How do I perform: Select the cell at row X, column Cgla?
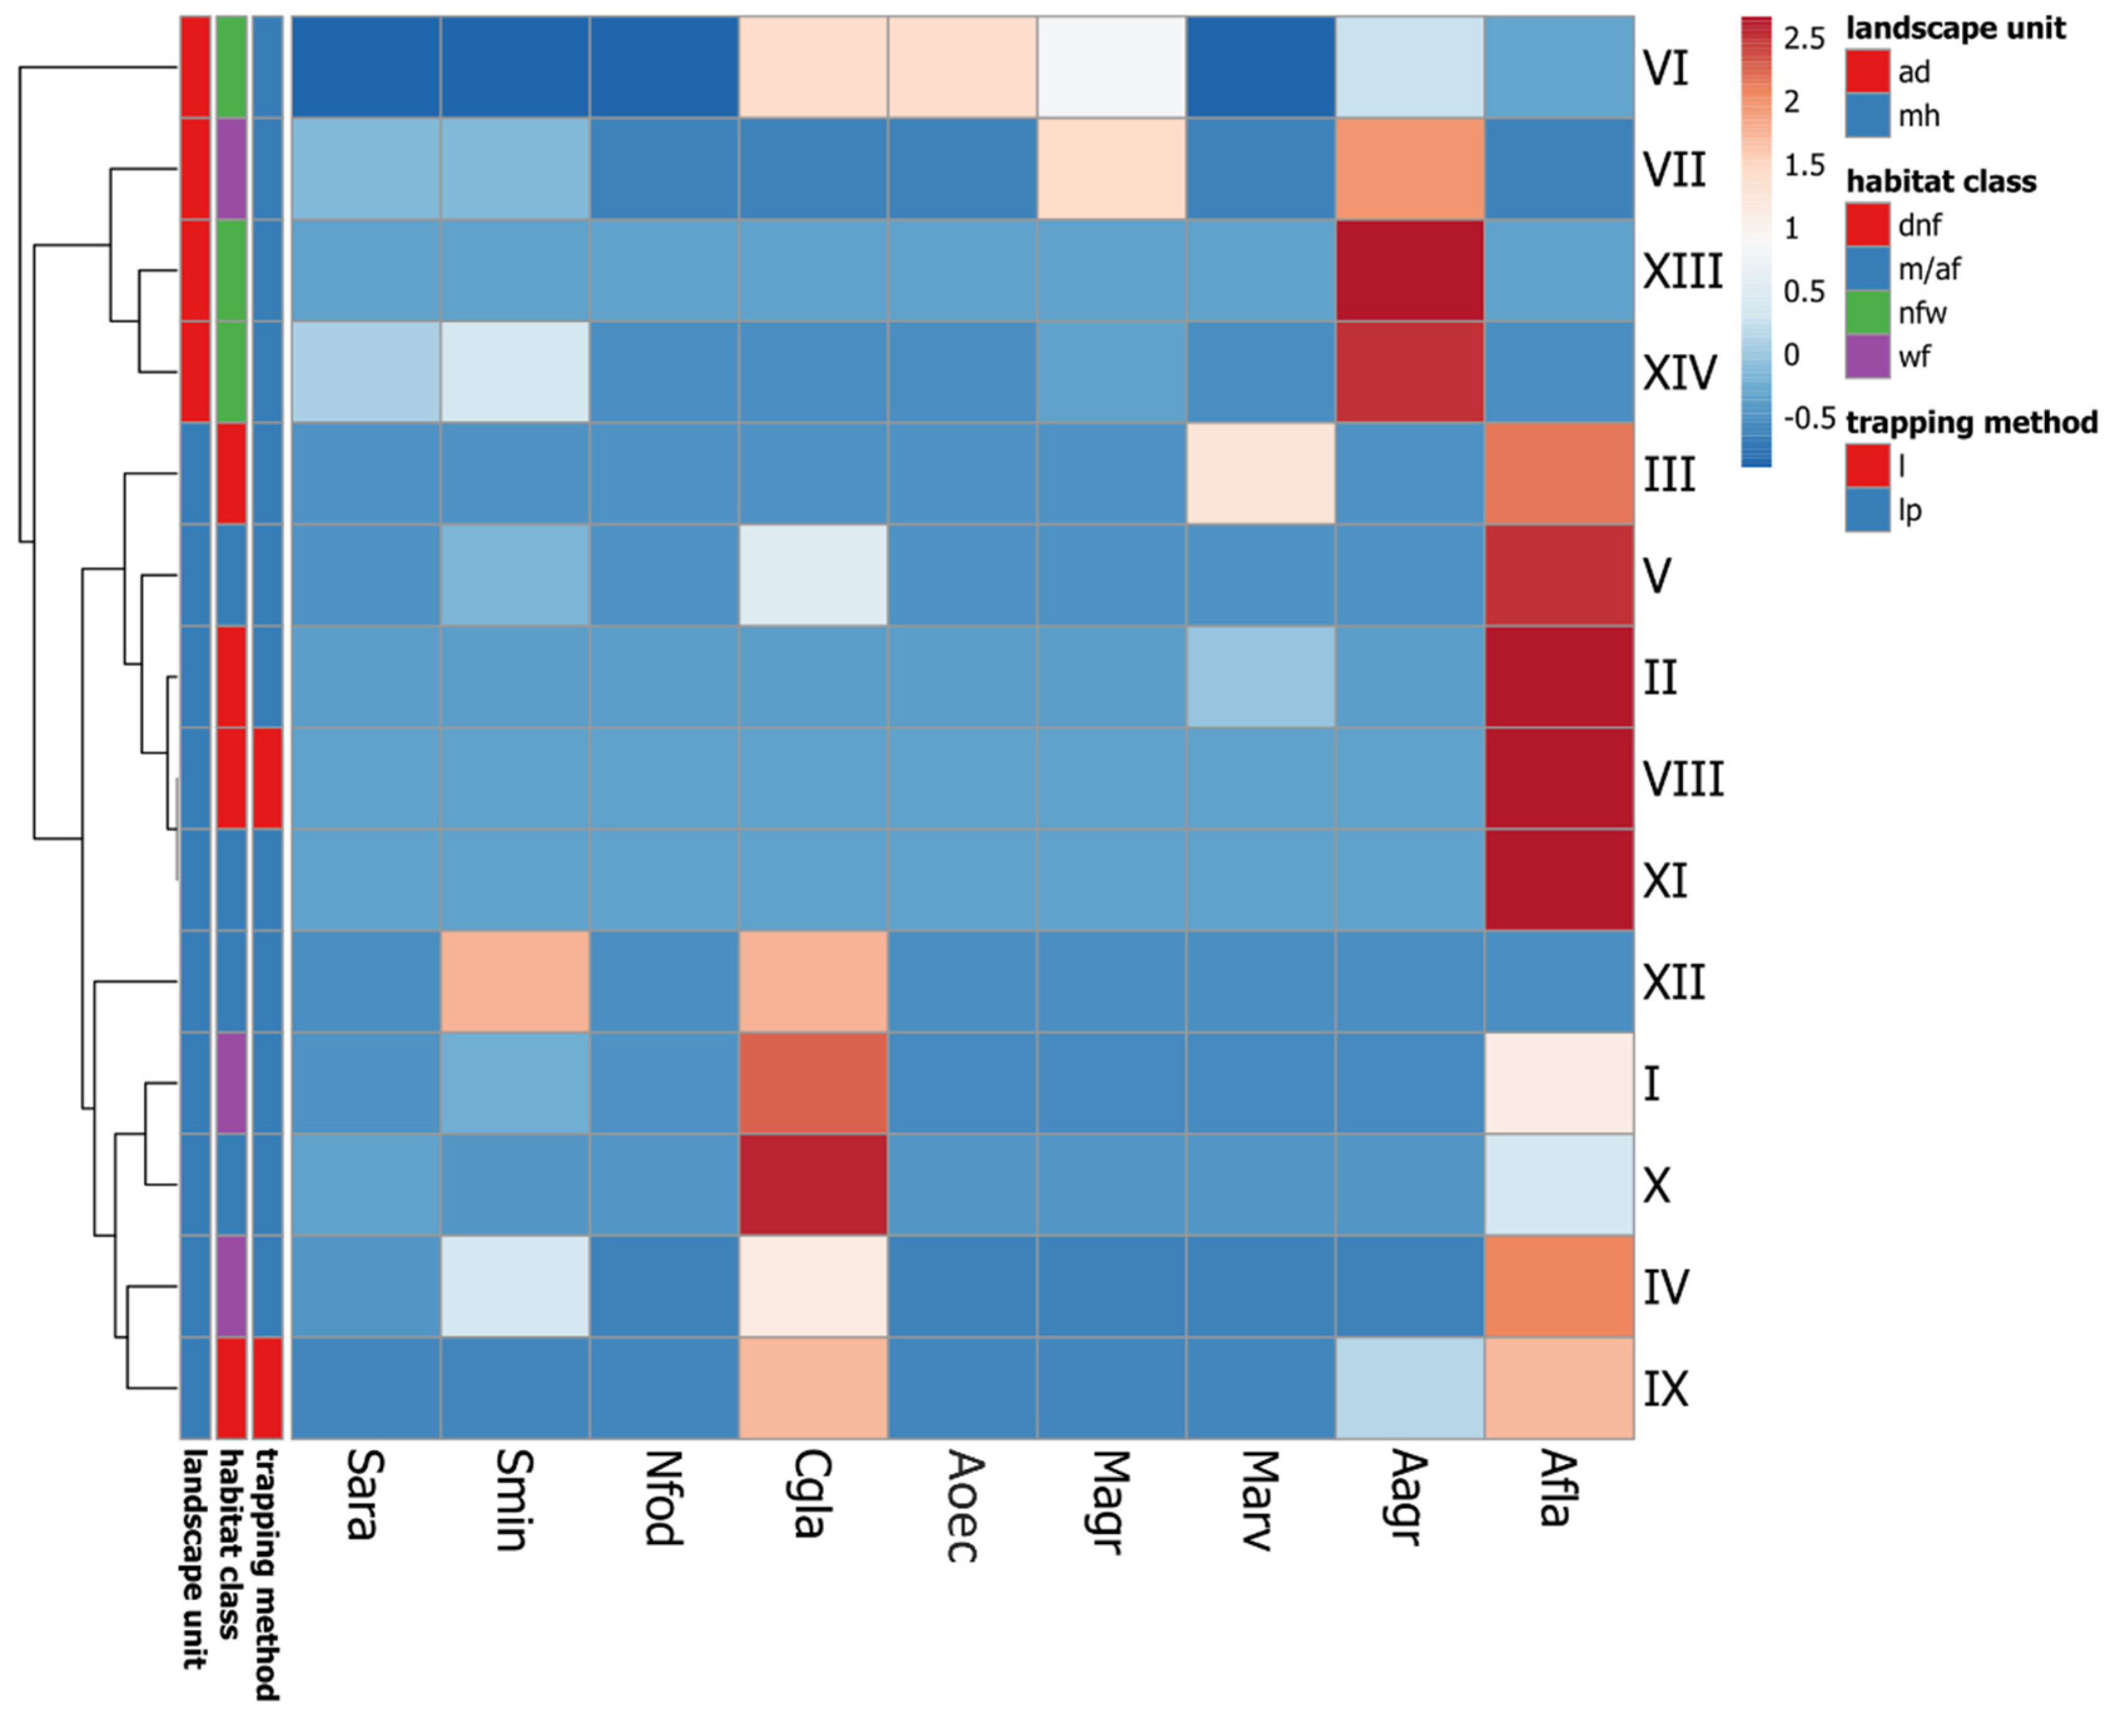coord(813,1184)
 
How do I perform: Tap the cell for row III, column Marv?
coord(1260,473)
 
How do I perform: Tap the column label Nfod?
coord(663,1498)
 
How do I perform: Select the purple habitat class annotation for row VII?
coord(231,168)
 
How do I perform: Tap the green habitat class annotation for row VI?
coord(231,66)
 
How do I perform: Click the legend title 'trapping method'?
coord(1971,423)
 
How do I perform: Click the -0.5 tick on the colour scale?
coord(1808,418)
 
